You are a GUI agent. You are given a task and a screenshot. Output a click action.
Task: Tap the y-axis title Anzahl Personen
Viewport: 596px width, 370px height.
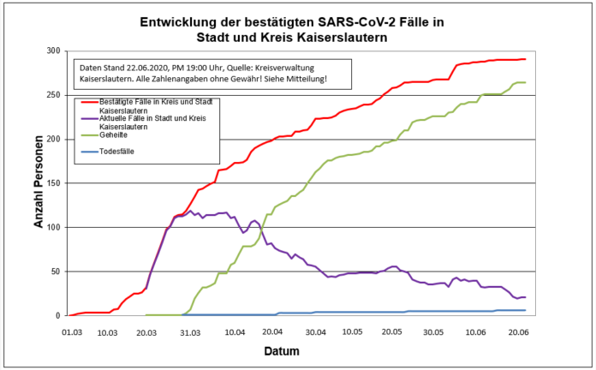(39, 183)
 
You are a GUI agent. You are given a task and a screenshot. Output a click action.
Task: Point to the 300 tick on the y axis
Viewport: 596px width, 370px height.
(52, 51)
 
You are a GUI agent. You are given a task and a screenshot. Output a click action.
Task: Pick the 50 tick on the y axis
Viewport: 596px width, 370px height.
(55, 272)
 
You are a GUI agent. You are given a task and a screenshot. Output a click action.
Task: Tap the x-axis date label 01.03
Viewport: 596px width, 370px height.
(71, 331)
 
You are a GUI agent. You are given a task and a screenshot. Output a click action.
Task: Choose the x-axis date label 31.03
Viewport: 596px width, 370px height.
(191, 331)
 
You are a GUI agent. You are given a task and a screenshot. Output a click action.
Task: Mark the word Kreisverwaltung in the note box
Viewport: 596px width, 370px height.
(303, 67)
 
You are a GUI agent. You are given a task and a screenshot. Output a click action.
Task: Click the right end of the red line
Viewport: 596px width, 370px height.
(525, 59)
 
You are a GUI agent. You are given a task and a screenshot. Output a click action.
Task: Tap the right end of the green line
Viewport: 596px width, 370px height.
(525, 82)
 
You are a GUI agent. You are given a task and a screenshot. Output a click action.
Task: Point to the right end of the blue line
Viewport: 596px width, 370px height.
(525, 310)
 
